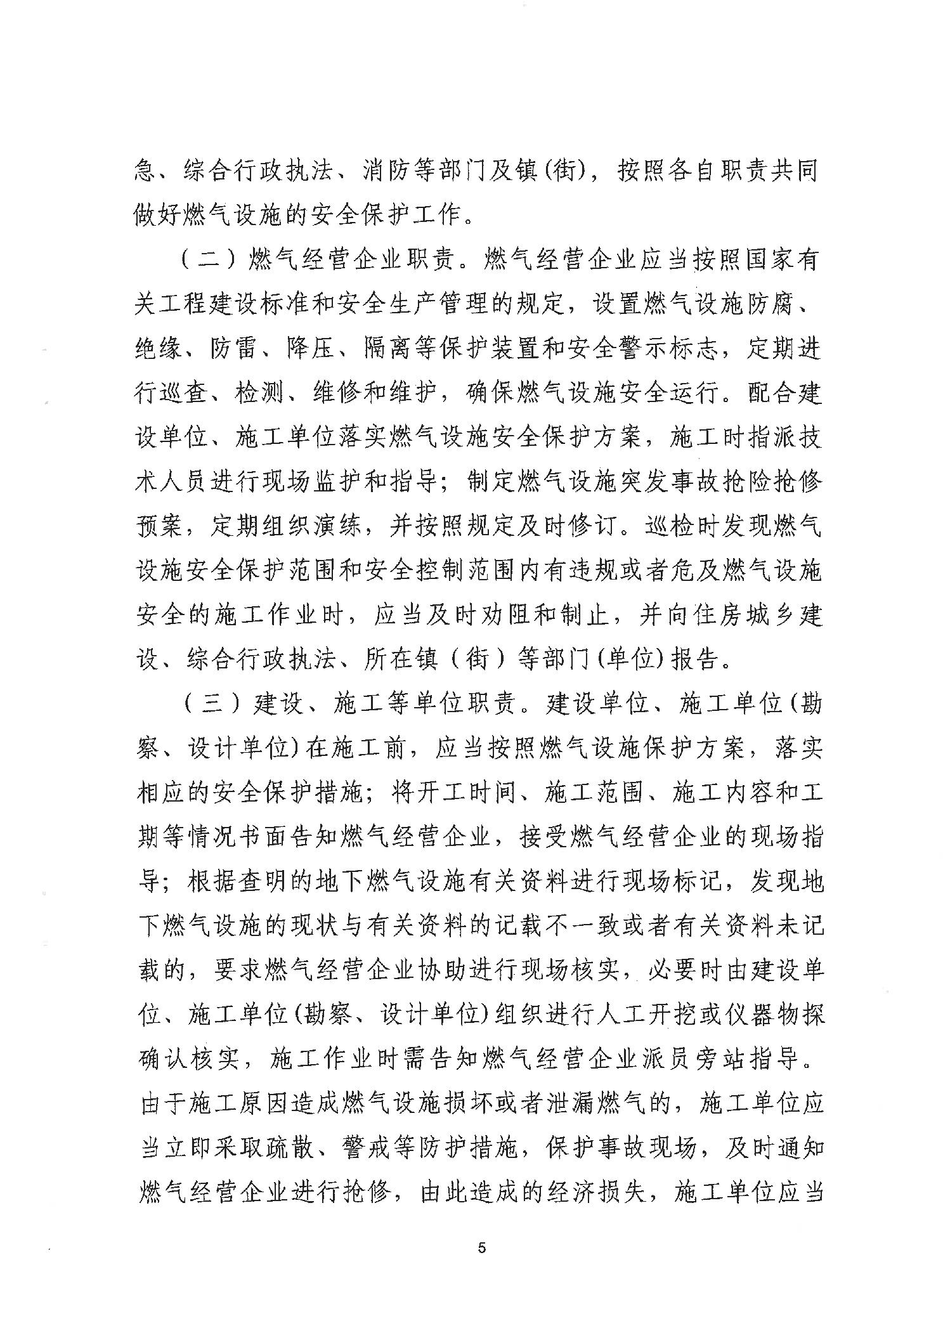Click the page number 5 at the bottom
(482, 1249)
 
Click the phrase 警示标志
(667, 350)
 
